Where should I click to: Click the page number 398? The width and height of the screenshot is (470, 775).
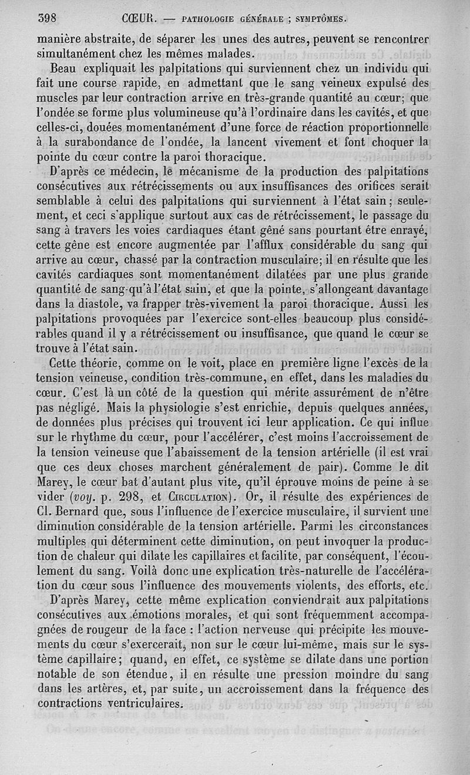coord(46,18)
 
